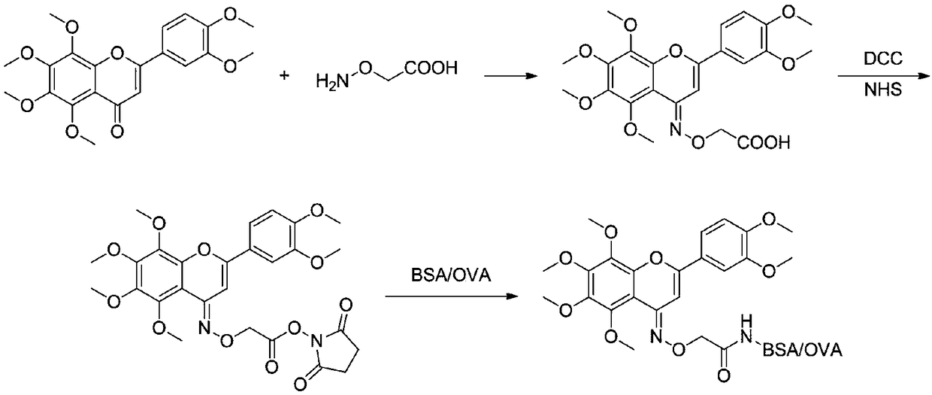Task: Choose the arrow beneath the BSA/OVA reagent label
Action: pos(451,297)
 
